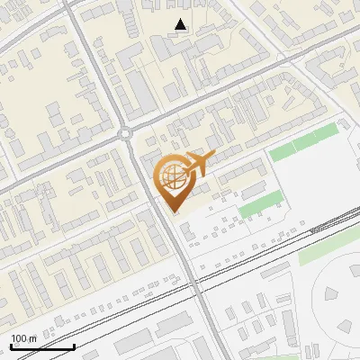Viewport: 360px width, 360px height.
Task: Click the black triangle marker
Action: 182,25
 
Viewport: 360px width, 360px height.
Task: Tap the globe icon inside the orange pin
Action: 171,174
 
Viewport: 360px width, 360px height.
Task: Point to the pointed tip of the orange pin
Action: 172,210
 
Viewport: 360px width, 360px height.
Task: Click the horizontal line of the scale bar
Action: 42,347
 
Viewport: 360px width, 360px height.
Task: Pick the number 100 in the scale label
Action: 19,338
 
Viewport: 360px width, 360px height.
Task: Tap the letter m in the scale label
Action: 32,339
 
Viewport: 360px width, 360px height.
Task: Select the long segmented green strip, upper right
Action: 304,142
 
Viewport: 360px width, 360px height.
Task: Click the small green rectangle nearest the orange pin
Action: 259,203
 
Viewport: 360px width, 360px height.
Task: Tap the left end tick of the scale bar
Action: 11,345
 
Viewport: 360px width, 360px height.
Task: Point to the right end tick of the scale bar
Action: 74,345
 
